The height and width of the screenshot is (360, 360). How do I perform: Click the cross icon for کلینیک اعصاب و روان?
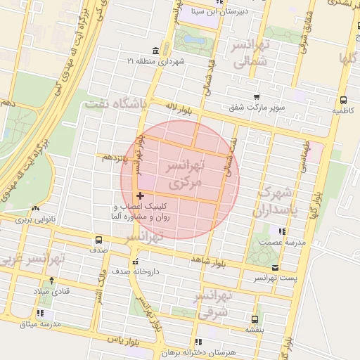tap(140, 195)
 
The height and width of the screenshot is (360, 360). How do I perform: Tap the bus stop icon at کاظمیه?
tap(343, 100)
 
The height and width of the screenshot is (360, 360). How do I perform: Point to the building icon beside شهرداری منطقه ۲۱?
tap(155, 51)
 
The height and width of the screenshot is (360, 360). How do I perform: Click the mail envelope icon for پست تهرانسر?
tap(274, 267)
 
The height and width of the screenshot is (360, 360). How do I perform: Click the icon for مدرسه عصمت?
tap(282, 231)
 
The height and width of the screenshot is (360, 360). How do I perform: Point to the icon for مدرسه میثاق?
tap(41, 312)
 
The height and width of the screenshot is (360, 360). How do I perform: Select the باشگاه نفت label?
tap(114, 105)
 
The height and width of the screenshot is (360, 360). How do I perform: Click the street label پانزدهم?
tap(114, 157)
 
